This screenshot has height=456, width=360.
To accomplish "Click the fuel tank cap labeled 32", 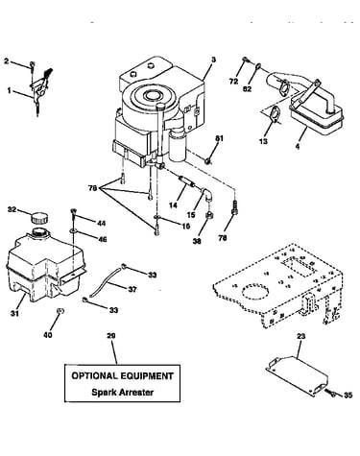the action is click(39, 218).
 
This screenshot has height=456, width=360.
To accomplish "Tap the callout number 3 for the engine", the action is click(214, 60).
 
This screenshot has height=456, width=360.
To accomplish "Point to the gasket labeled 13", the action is click(274, 114).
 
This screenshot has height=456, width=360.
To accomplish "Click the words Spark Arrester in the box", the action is click(123, 392).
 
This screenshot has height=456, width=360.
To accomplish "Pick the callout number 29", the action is click(111, 336).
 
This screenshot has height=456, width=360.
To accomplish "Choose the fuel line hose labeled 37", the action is click(106, 281).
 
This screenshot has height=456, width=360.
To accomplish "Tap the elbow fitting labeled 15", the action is click(207, 193).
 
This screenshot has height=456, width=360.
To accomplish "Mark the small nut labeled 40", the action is click(60, 311).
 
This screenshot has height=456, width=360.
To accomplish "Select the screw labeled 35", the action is click(330, 393).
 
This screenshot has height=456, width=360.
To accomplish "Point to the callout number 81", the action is click(219, 138).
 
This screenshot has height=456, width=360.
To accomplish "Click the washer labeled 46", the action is click(74, 230).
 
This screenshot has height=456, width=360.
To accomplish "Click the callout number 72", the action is click(234, 82).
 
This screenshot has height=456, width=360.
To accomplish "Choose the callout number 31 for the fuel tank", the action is click(14, 313).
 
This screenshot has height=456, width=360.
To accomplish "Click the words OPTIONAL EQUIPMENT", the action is click(123, 375).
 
